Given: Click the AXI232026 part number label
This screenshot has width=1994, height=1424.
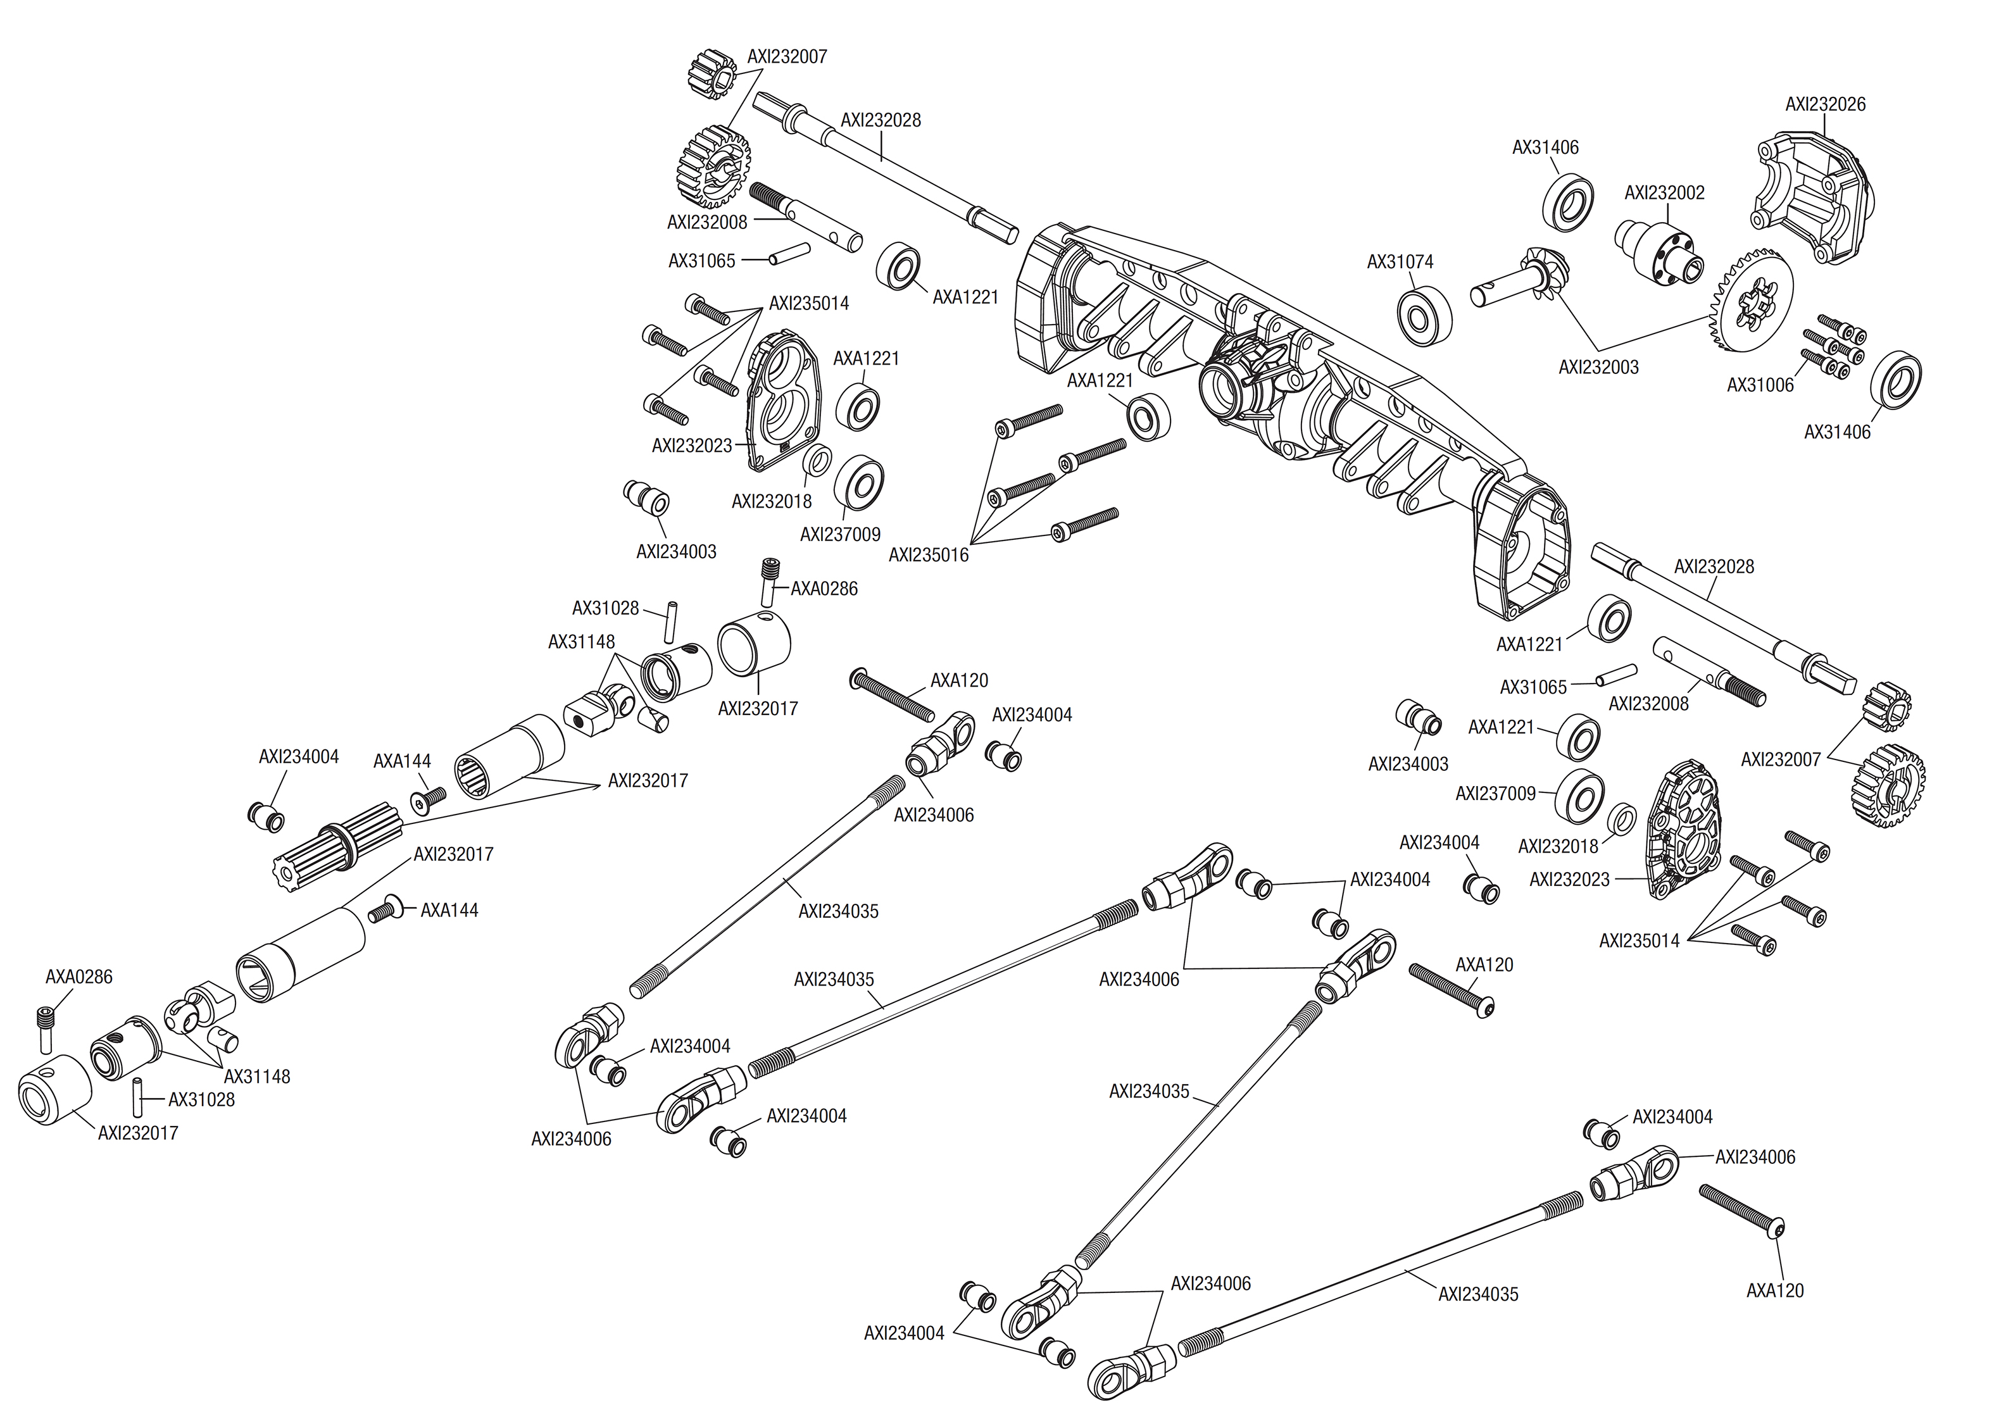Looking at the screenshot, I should [x=1825, y=104].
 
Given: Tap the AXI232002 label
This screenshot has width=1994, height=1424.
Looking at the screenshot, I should [x=1664, y=193].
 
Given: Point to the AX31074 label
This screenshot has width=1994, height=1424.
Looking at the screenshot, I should [x=1400, y=261].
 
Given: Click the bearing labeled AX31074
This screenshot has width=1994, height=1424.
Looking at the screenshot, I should [x=1423, y=314].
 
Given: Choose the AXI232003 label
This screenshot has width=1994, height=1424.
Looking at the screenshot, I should [x=1598, y=368].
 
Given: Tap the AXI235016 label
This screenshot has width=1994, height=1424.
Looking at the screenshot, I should [x=929, y=555].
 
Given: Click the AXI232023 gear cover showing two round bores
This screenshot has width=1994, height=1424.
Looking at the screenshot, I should [x=782, y=399].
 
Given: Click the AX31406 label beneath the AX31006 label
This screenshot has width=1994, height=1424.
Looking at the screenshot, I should [x=1837, y=432].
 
